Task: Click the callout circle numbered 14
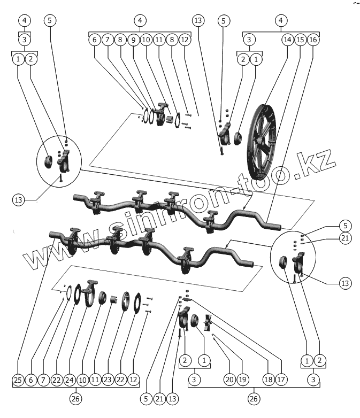287,40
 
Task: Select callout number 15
300,40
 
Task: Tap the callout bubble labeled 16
313,40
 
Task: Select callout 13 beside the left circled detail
19,200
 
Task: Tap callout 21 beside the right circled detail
346,238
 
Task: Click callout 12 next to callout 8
185,40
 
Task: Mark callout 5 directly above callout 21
346,225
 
